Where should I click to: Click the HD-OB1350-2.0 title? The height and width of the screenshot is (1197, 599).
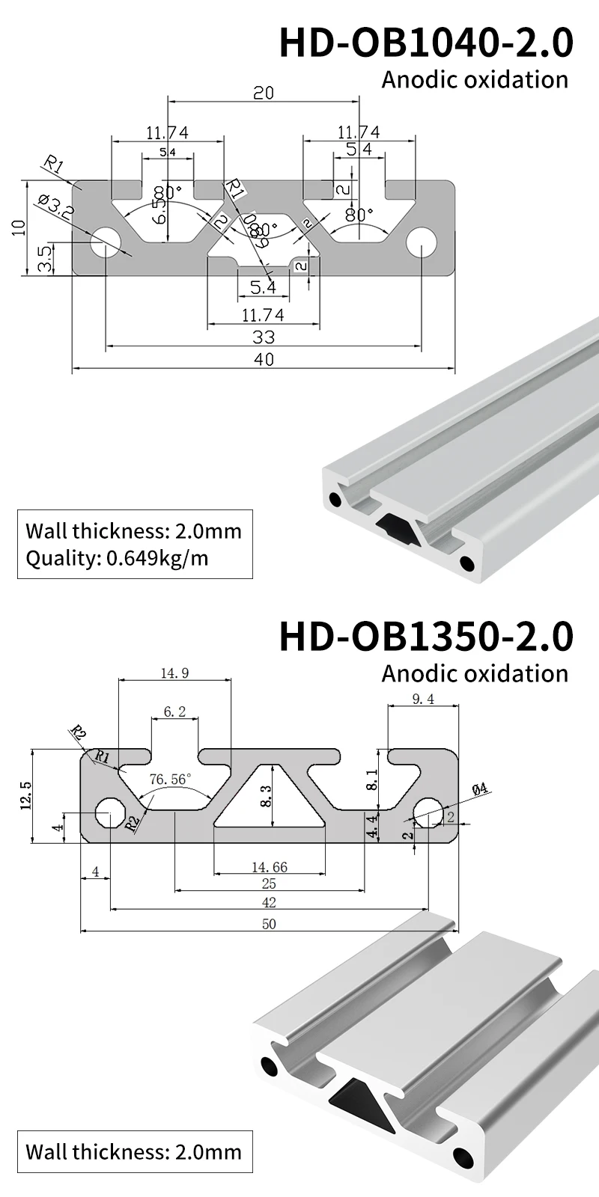426,636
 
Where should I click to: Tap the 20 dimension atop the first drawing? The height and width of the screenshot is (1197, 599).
264,93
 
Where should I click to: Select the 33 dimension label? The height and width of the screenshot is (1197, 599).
264,337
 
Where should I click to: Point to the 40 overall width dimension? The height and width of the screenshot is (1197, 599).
264,359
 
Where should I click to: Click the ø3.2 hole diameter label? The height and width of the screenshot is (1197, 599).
55,207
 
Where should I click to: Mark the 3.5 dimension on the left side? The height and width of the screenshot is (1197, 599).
46,259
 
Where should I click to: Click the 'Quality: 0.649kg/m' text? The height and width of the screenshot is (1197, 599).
117,557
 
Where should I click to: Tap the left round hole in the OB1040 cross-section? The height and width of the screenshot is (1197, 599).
107,243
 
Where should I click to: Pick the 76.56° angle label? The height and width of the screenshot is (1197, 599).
170,779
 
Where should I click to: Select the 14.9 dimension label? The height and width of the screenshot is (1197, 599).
174,673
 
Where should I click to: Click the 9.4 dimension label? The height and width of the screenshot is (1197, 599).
423,699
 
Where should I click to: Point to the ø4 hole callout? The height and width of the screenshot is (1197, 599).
480,788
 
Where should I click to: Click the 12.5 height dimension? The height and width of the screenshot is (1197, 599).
27,796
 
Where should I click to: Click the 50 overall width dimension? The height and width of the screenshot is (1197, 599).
269,924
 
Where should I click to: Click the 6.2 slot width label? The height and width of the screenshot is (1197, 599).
174,711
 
